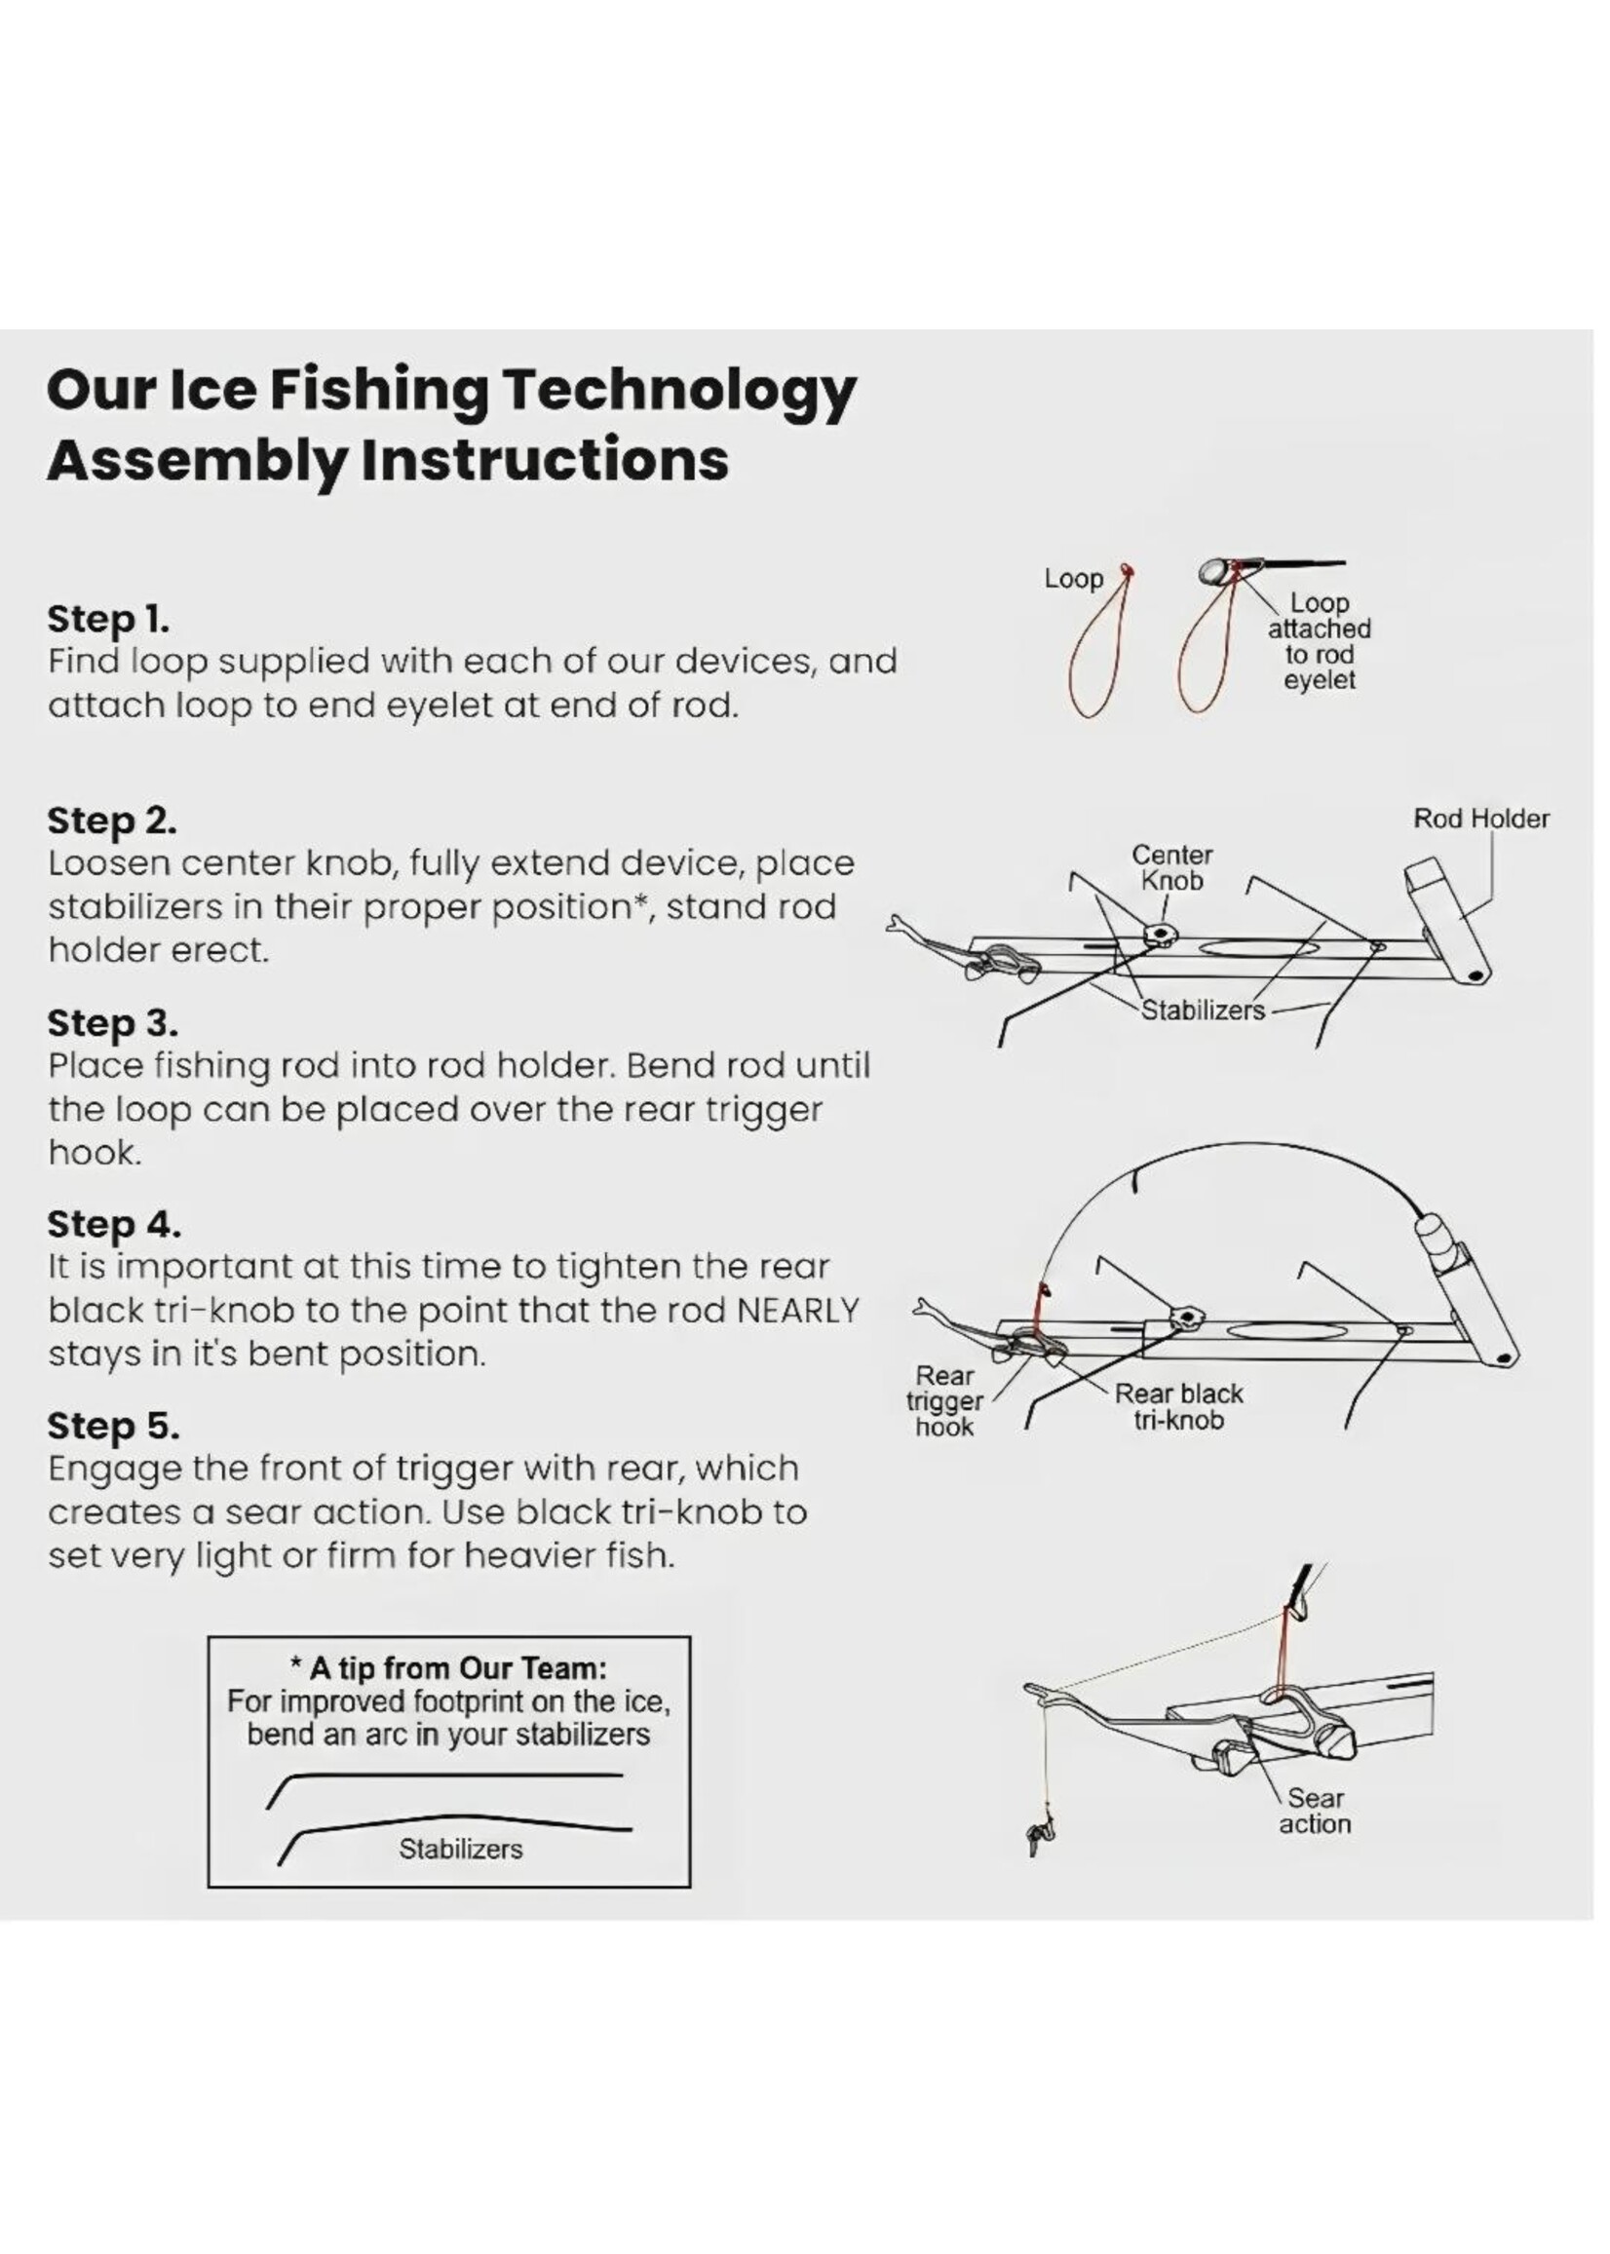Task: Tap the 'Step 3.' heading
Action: [x=112, y=1022]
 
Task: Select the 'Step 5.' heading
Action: [x=113, y=1426]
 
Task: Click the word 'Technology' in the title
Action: [x=678, y=392]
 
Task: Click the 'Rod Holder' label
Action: [x=1480, y=819]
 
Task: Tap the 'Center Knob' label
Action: [x=1171, y=867]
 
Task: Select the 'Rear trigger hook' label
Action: [x=944, y=1401]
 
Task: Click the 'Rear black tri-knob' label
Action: [x=1179, y=1406]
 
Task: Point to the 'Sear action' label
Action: [x=1315, y=1811]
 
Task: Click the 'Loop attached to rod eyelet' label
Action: [x=1319, y=641]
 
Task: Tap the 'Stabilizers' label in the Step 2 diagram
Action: [x=1203, y=1011]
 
